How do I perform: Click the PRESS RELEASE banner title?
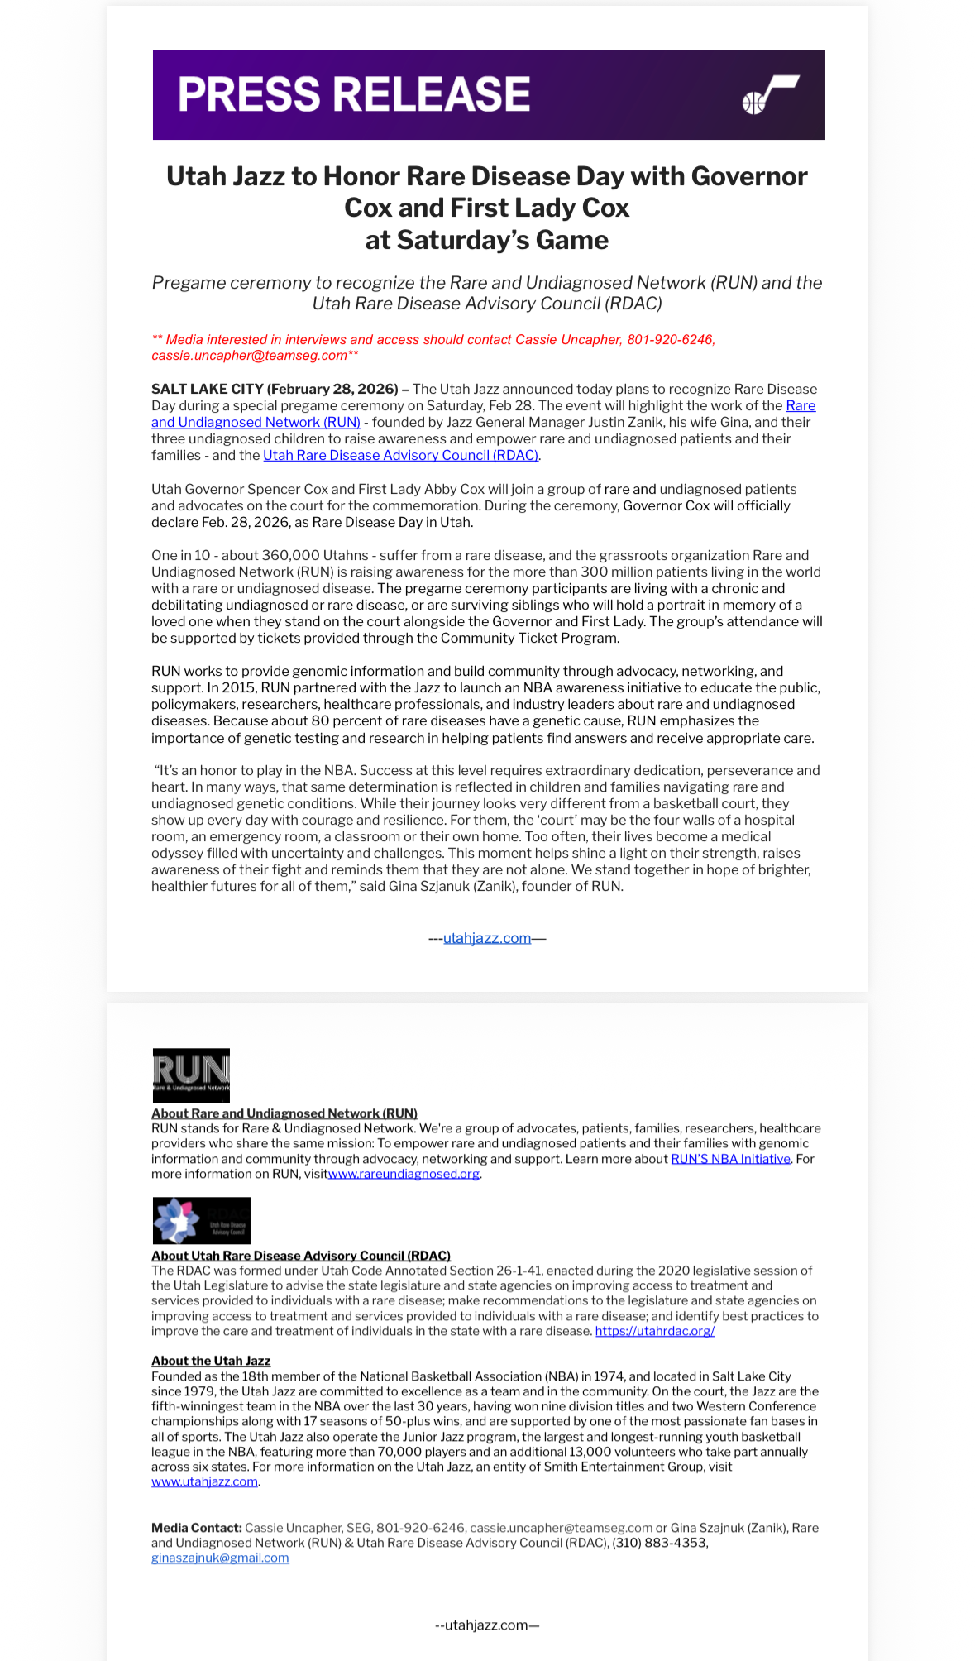pos(354,94)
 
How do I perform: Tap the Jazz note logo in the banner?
pos(770,94)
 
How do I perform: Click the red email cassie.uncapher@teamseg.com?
pos(249,356)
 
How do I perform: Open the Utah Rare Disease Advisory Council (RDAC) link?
pos(401,455)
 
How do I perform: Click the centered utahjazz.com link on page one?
pos(487,938)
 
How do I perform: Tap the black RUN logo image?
pos(191,1075)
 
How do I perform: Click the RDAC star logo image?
pos(201,1220)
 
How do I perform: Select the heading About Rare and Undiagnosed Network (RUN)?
pos(284,1113)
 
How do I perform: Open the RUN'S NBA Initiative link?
pos(730,1159)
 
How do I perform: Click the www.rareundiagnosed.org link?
pos(404,1174)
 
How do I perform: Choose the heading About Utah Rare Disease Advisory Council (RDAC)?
pos(300,1256)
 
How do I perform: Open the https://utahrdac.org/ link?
pos(655,1331)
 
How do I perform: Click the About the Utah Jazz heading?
pos(211,1361)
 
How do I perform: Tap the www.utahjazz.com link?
pos(204,1481)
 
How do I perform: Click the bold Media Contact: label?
pos(196,1528)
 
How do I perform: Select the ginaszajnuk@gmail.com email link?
pos(220,1558)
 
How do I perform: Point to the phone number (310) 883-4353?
pos(660,1543)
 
